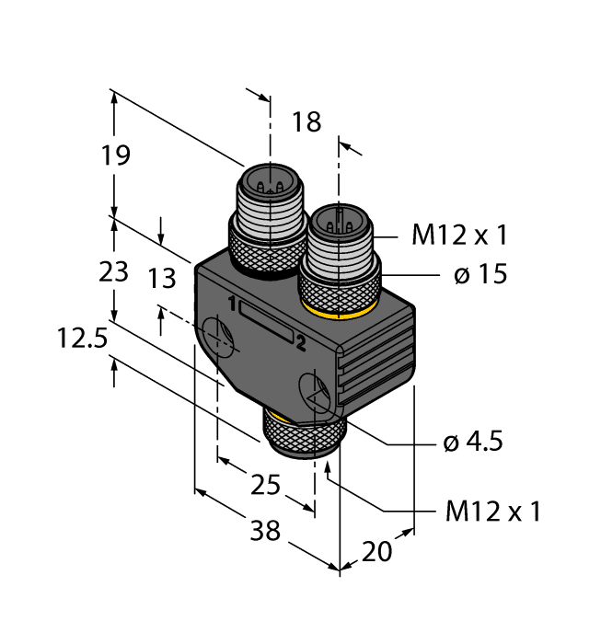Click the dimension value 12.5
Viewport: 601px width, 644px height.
click(x=80, y=340)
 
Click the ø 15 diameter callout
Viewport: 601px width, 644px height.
click(x=480, y=274)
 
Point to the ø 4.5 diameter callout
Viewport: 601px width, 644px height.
click(x=474, y=443)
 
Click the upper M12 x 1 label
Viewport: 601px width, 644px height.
click(x=459, y=236)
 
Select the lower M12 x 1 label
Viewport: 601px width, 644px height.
click(x=492, y=512)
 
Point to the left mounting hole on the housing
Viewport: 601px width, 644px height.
click(x=220, y=337)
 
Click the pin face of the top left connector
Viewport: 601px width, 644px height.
click(x=267, y=179)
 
